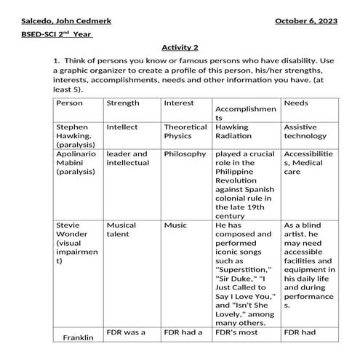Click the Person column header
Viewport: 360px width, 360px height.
click(70, 103)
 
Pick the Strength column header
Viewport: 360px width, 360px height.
click(123, 103)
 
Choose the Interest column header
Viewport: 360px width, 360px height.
click(178, 103)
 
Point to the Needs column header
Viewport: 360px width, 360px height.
click(296, 103)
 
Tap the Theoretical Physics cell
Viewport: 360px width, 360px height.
click(185, 131)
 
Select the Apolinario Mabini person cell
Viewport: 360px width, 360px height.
click(76, 163)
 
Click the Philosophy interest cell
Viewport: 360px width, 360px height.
click(185, 154)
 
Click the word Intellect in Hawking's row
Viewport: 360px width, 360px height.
click(121, 127)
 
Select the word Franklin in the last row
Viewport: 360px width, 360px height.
click(79, 338)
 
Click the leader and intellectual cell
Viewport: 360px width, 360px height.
click(127, 159)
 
